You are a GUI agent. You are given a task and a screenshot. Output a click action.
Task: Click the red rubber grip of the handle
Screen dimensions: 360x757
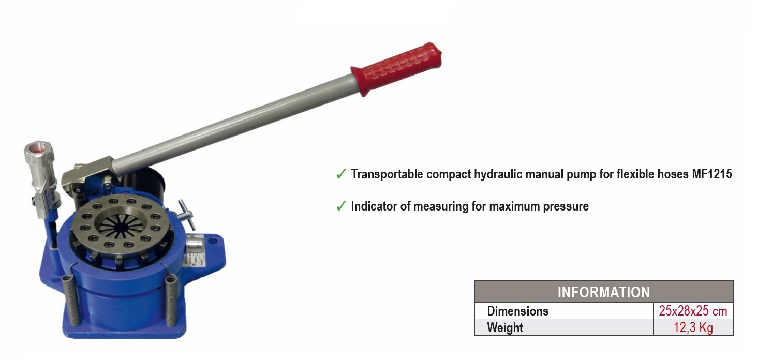pyautogui.click(x=397, y=68)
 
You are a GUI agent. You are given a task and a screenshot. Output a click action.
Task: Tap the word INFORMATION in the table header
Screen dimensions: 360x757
pyautogui.click(x=603, y=292)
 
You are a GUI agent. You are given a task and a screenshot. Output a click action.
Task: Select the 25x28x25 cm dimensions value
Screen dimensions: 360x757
pyautogui.click(x=693, y=311)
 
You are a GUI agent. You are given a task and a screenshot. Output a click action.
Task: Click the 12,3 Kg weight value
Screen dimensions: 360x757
pyautogui.click(x=693, y=327)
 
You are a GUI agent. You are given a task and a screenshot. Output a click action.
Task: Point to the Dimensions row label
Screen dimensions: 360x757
pyautogui.click(x=517, y=311)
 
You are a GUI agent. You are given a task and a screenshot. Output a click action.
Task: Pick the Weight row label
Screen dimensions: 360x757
pyautogui.click(x=505, y=327)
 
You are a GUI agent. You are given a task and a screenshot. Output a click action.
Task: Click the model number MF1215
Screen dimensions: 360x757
pyautogui.click(x=711, y=174)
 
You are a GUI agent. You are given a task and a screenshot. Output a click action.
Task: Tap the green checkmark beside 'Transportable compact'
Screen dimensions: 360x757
pyautogui.click(x=340, y=174)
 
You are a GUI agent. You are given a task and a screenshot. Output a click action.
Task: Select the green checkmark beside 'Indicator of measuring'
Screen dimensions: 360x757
pyautogui.click(x=340, y=206)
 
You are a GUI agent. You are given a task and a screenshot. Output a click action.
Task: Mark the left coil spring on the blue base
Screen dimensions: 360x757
pyautogui.click(x=70, y=299)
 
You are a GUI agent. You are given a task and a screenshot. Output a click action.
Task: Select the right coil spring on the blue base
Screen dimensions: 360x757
pyautogui.click(x=171, y=300)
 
